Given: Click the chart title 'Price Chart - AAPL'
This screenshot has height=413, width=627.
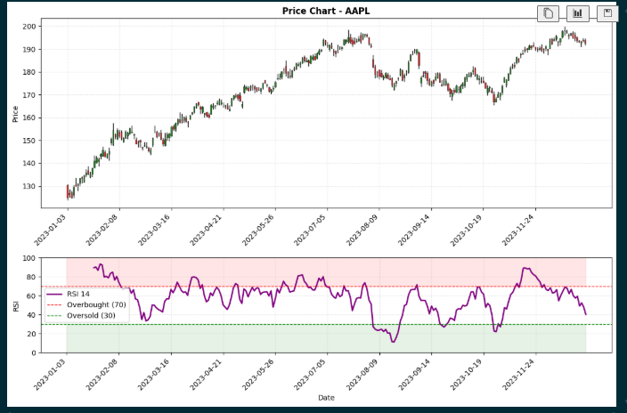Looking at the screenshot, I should click(x=326, y=11).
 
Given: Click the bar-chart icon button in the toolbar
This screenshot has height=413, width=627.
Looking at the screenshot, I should click(x=577, y=13).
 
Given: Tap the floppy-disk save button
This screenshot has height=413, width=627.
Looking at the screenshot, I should click(x=607, y=13).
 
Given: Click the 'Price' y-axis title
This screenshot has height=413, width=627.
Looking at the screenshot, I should click(x=15, y=113).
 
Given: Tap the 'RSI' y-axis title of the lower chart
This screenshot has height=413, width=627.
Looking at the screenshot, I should click(x=15, y=306).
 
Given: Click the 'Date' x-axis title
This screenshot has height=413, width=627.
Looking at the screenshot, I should click(x=326, y=398).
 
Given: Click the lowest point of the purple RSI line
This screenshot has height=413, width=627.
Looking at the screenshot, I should click(x=393, y=342).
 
